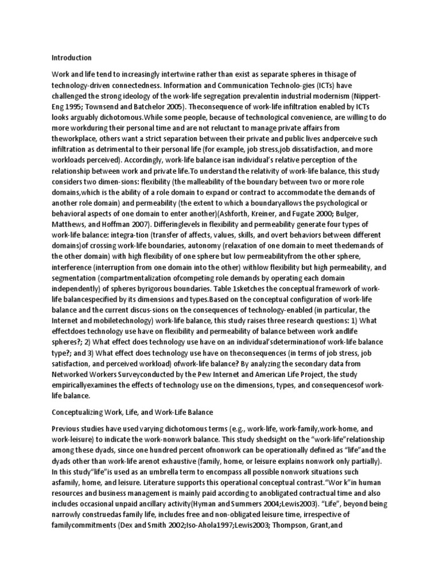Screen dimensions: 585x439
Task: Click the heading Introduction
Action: pyautogui.click(x=71, y=58)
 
